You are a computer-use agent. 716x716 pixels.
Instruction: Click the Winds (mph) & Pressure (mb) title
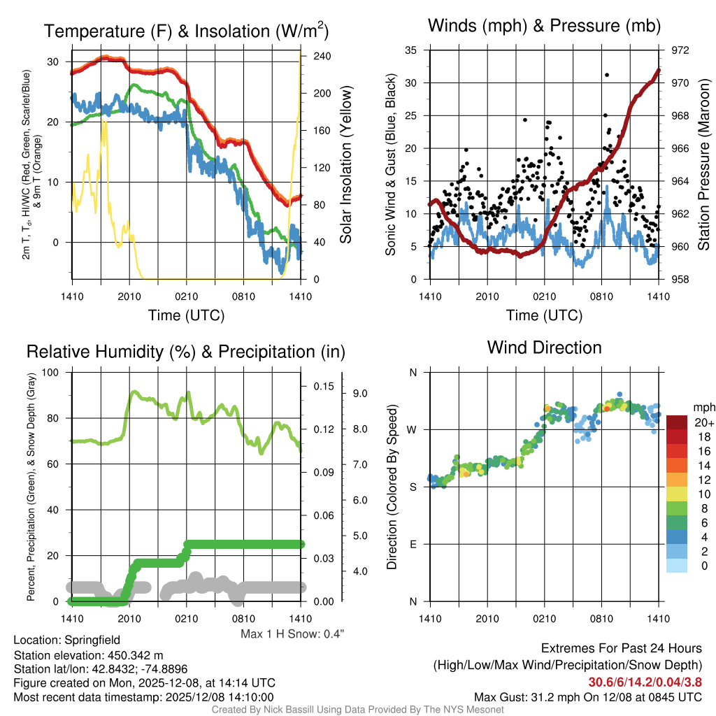(x=544, y=27)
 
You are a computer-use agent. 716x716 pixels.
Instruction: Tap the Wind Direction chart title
(x=544, y=348)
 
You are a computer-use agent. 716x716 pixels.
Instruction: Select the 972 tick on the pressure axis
(x=680, y=50)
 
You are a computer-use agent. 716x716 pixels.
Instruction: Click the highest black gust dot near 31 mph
(x=607, y=75)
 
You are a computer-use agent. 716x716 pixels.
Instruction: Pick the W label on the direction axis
(x=413, y=429)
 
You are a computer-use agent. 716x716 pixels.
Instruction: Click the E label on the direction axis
(x=413, y=544)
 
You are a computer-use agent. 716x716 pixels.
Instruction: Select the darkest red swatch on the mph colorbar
(x=677, y=422)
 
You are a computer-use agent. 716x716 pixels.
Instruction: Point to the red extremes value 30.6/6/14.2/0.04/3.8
(x=645, y=682)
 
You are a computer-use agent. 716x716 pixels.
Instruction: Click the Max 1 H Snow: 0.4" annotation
(x=292, y=634)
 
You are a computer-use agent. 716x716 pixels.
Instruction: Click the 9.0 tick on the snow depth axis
(x=361, y=394)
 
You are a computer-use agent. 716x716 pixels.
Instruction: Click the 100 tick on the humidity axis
(x=50, y=372)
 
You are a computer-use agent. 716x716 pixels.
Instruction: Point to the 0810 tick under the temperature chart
(x=244, y=296)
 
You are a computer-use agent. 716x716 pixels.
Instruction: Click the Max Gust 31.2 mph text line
(x=587, y=696)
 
